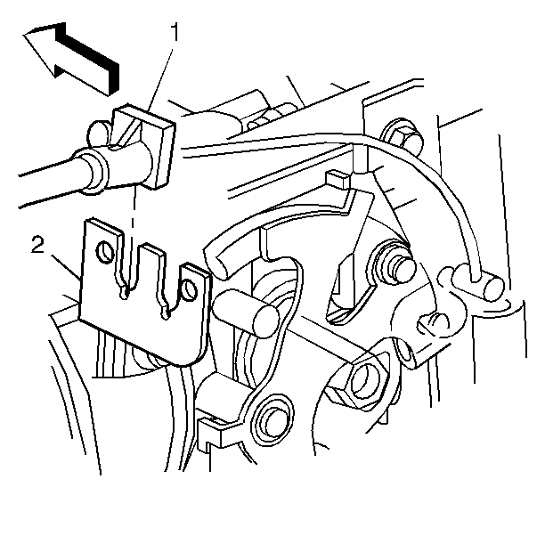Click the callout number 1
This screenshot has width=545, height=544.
click(175, 32)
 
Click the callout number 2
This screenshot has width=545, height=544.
click(38, 244)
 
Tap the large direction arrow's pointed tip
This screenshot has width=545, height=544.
click(24, 35)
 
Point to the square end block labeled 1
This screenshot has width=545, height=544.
click(143, 146)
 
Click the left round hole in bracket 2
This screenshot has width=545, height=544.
click(104, 252)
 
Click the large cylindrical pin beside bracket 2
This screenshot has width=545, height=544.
click(245, 313)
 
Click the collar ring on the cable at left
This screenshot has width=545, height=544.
click(91, 171)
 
